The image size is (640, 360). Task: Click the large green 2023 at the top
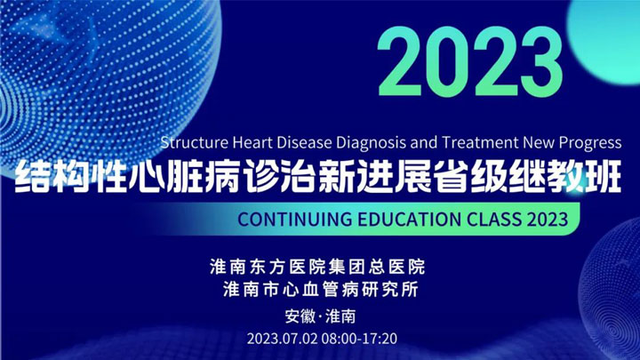pos(470,61)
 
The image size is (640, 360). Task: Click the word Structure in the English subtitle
pos(195,142)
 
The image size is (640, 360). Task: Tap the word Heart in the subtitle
pos(252,142)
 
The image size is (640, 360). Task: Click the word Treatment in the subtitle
pos(480,142)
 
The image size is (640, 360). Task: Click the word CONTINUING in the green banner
pos(295,220)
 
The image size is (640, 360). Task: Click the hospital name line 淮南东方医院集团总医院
pos(317,267)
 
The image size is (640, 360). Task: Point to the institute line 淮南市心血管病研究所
pos(321,290)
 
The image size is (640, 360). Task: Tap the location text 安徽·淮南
pos(320,316)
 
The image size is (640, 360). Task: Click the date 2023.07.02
pos(282,339)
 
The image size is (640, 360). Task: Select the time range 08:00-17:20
pos(359,339)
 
